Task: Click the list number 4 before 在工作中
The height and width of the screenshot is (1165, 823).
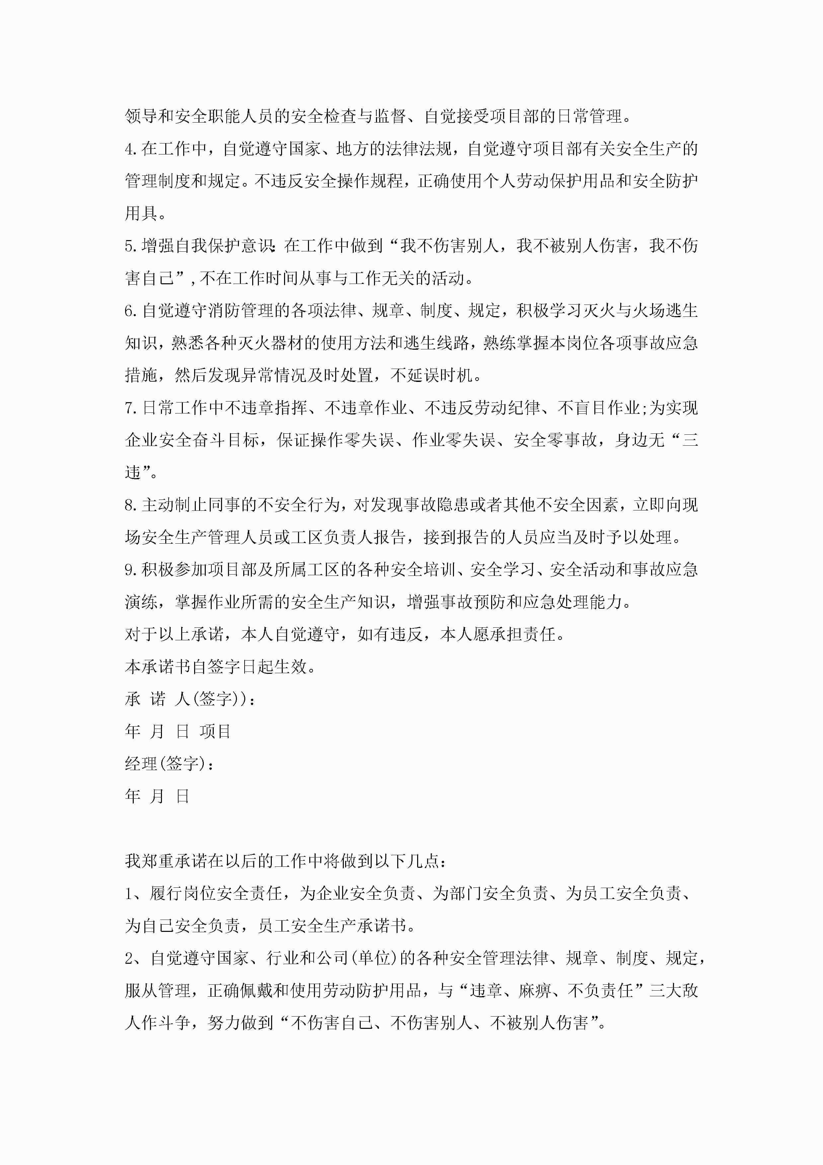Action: point(129,149)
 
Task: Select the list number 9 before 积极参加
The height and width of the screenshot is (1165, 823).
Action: point(129,570)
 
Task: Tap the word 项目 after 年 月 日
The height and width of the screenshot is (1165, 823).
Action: point(215,732)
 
